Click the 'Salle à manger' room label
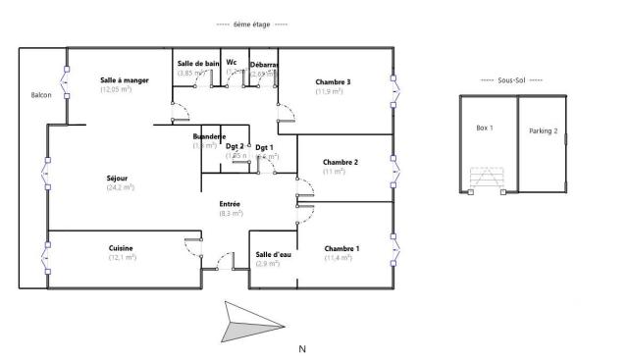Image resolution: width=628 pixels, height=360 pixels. coord(124,80)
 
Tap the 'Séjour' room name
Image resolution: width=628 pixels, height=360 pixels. coord(118,178)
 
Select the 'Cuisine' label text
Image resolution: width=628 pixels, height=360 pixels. coord(121,248)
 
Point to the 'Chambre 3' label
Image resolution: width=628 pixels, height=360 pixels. coord(333,81)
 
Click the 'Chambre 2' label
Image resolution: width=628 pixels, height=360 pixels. coord(340,162)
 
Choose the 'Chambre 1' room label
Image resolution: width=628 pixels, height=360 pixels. coord(341,248)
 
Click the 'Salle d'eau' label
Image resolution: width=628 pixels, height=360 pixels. coord(273,254)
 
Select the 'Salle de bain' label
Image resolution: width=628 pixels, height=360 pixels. coord(197,64)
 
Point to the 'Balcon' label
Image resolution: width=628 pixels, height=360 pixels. coord(41,96)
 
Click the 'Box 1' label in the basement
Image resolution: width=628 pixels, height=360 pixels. coord(484,128)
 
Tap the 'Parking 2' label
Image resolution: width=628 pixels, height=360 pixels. coord(543,130)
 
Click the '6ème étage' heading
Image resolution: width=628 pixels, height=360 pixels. coord(251,24)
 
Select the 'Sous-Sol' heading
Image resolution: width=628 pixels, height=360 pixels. coord(511,79)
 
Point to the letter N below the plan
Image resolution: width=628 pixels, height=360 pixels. coord(302,348)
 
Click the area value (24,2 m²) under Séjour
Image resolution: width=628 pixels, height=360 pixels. coord(119,186)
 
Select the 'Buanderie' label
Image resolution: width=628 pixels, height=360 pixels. coord(210,135)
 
